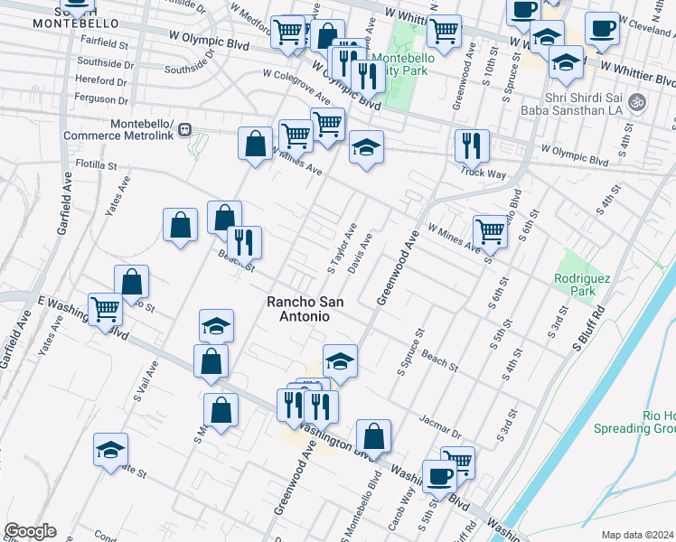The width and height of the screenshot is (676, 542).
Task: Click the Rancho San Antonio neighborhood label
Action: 297,309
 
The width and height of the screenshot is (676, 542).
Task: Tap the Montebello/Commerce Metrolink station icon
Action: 184,129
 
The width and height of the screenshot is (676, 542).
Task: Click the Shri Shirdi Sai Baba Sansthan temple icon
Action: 638,102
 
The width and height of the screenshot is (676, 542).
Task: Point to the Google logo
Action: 29,531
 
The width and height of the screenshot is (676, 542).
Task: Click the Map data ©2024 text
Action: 637,535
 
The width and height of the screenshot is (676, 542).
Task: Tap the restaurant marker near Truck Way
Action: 472,145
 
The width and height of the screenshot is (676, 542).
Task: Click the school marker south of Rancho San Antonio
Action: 340,360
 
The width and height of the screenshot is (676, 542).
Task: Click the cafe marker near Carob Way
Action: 439,475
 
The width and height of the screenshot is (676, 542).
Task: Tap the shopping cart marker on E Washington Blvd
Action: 106,309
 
